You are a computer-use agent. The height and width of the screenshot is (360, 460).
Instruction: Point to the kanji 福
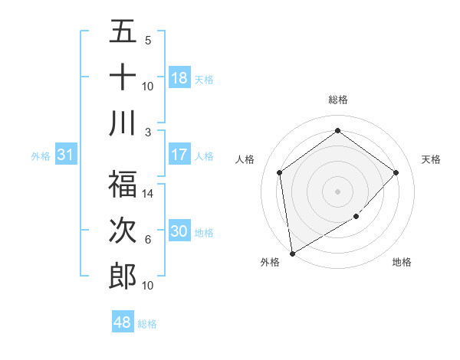pyautogui.click(x=123, y=185)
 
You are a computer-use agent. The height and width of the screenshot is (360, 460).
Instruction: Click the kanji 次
pyautogui.click(x=123, y=231)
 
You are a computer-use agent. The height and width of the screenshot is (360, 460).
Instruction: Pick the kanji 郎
pyautogui.click(x=123, y=277)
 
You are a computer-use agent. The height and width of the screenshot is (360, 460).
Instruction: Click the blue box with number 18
pyautogui.click(x=179, y=78)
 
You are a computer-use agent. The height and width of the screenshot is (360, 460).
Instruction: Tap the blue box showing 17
pyautogui.click(x=179, y=155)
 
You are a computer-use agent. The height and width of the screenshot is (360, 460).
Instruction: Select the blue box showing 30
pyautogui.click(x=179, y=231)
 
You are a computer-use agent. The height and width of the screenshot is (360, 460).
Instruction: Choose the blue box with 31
pyautogui.click(x=66, y=155)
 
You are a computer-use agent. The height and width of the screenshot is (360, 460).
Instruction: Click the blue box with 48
pyautogui.click(x=123, y=322)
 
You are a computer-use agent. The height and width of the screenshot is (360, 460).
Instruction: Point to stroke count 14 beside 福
pyautogui.click(x=148, y=195)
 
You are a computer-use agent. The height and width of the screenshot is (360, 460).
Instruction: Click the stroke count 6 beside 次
pyautogui.click(x=148, y=240)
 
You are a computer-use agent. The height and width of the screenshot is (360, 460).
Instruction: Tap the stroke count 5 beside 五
pyautogui.click(x=148, y=41)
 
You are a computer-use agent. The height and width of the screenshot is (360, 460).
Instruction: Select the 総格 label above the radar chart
pyautogui.click(x=338, y=100)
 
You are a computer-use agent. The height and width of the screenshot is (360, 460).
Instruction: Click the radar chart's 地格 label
pyautogui.click(x=402, y=262)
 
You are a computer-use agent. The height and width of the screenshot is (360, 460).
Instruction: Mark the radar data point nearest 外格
pyautogui.click(x=292, y=253)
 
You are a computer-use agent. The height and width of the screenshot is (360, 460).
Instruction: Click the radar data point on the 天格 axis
pyautogui.click(x=396, y=172)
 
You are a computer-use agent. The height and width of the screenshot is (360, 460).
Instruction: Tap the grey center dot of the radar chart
pyautogui.click(x=338, y=191)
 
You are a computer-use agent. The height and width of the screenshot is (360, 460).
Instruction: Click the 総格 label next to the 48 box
pyautogui.click(x=148, y=324)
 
